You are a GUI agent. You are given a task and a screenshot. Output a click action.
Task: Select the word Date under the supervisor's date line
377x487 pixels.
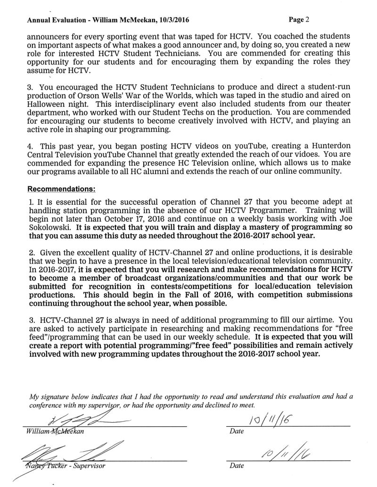[236, 466]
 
